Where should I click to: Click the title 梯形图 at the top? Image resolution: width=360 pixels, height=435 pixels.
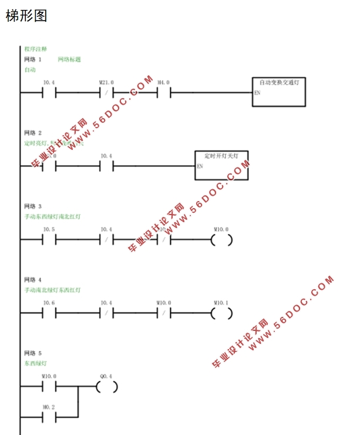click(x=26, y=16)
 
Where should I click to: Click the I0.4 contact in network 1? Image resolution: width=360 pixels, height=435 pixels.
click(x=49, y=93)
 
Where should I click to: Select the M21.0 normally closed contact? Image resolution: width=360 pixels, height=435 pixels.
click(x=106, y=93)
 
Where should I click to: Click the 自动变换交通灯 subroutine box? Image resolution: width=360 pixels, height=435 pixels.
click(x=279, y=92)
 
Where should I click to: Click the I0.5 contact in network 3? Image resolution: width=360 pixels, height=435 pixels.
click(x=49, y=239)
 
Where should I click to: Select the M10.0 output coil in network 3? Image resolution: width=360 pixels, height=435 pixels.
click(x=221, y=239)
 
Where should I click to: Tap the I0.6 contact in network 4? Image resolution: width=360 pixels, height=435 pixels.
click(x=49, y=313)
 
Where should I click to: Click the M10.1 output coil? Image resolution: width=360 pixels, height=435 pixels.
click(x=221, y=313)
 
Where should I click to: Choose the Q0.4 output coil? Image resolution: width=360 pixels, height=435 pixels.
click(x=106, y=387)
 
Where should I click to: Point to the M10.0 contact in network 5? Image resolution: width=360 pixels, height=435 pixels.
click(x=49, y=387)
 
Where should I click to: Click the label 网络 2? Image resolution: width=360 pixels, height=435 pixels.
click(x=33, y=133)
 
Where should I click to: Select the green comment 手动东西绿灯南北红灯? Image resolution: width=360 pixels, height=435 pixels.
click(x=52, y=217)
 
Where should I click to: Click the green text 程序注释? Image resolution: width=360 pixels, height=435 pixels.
click(x=35, y=49)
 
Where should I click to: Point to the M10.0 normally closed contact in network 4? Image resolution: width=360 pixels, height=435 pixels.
click(x=164, y=313)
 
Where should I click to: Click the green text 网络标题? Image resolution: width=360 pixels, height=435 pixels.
click(x=69, y=59)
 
